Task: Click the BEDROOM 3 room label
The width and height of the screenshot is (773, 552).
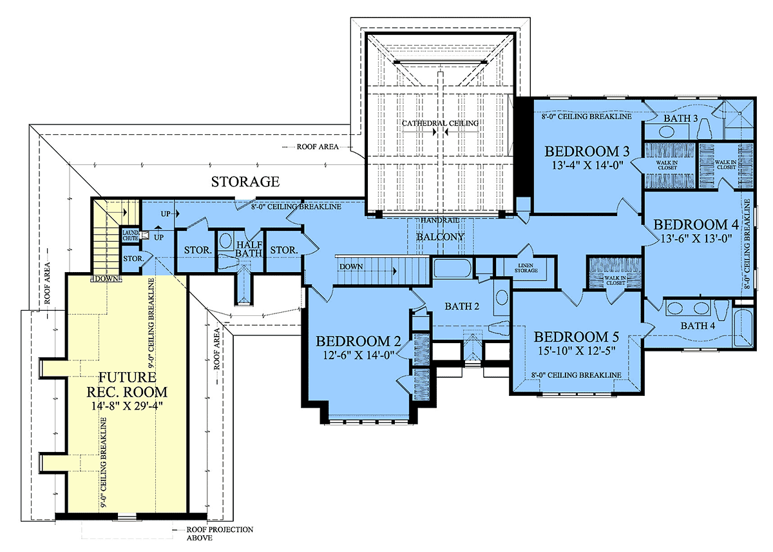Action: (587, 152)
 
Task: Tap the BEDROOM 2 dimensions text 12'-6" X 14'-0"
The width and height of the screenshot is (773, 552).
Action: (358, 355)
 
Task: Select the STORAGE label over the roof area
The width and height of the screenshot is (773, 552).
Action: (245, 182)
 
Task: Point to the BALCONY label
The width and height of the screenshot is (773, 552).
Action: (440, 237)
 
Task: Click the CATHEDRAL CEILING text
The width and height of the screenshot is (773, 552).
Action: (441, 123)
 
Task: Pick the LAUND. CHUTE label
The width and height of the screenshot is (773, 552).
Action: (130, 235)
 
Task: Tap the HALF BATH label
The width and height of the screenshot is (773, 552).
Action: (249, 249)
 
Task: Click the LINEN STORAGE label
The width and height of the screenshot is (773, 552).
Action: (526, 268)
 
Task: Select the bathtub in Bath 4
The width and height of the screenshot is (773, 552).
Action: (743, 328)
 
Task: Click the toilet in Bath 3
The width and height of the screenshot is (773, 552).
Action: (706, 129)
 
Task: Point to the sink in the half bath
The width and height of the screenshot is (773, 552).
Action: (225, 241)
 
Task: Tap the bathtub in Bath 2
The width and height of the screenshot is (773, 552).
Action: (452, 268)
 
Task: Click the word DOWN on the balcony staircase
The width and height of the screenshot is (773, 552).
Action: (351, 267)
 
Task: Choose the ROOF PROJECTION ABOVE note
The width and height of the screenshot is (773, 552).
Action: (220, 533)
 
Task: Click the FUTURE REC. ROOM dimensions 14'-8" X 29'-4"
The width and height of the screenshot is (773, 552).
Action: (127, 406)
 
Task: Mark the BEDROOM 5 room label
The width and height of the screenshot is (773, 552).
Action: (577, 337)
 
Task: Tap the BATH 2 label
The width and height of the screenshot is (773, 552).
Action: (462, 306)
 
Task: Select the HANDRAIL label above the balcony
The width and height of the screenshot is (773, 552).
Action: (440, 220)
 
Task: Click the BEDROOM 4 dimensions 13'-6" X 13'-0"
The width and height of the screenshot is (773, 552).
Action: (696, 239)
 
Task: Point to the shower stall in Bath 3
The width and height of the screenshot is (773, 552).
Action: (739, 119)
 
